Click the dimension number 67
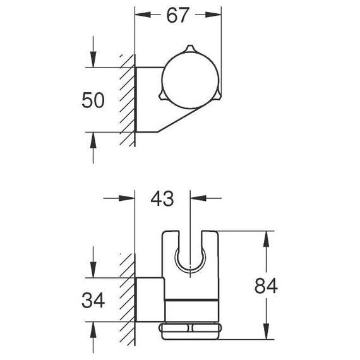point(177,15)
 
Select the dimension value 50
point(93,100)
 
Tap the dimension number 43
point(162,199)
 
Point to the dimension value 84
point(266,286)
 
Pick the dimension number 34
point(93,300)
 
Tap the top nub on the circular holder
point(189,49)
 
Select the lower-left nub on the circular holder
point(162,96)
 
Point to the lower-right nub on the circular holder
point(218,95)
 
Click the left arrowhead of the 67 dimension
point(143,15)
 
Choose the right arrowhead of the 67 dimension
point(213,15)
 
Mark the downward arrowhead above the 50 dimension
point(93,59)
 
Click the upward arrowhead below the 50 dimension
point(93,140)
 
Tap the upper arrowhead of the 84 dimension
point(266,239)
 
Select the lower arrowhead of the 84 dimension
point(266,332)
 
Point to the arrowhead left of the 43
point(127,198)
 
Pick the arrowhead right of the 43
point(198,198)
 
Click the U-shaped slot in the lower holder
point(190,273)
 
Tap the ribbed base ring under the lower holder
point(190,331)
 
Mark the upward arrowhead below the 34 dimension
point(93,330)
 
